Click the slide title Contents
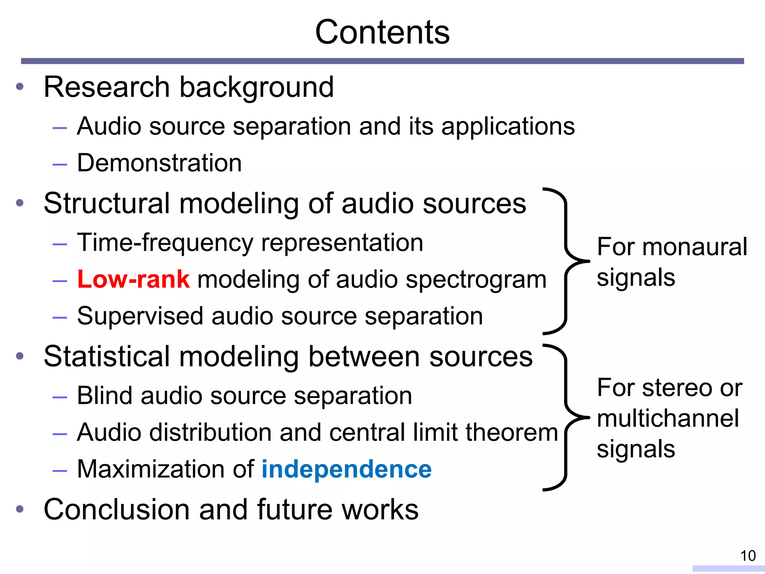[x=382, y=33]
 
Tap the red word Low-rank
[x=133, y=280]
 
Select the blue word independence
[x=346, y=469]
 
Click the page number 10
[x=748, y=556]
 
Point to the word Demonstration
[x=159, y=163]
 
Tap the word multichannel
[x=668, y=418]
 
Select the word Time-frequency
[x=165, y=243]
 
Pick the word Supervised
[x=140, y=317]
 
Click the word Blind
[x=105, y=396]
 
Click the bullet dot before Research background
[x=20, y=87]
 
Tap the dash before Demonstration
[x=60, y=164]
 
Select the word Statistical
[x=107, y=357]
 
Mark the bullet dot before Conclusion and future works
[x=20, y=509]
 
